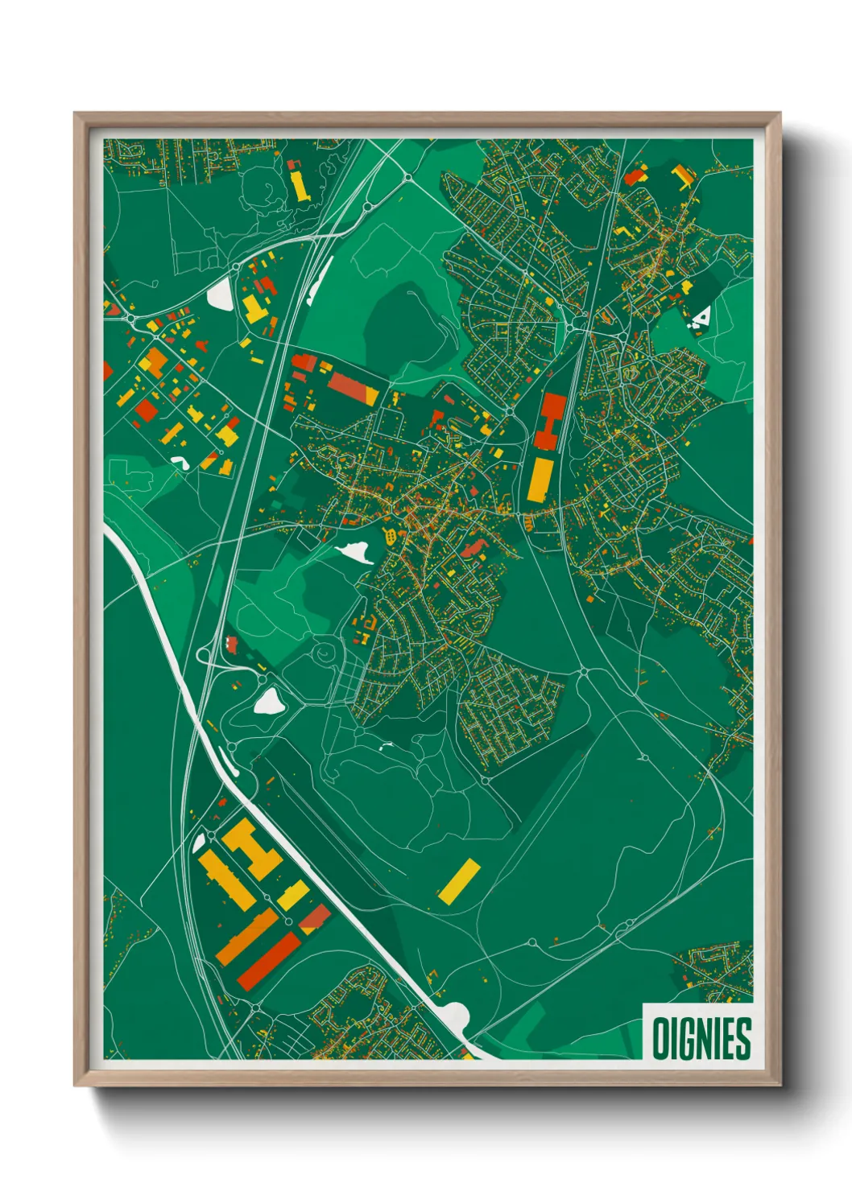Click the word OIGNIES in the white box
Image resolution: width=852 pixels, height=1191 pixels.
click(701, 1038)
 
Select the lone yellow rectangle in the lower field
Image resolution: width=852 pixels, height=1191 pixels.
click(459, 880)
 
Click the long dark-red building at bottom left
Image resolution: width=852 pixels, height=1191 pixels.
click(269, 962)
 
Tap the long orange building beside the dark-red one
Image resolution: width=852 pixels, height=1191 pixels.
click(246, 937)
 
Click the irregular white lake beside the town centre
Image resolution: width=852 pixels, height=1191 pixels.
click(354, 552)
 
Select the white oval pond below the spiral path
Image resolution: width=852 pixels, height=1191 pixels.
click(268, 702)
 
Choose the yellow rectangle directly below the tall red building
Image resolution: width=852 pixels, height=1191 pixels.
click(538, 480)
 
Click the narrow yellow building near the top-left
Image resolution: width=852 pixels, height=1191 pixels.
click(299, 184)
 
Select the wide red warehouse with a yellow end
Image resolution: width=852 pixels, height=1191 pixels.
click(353, 389)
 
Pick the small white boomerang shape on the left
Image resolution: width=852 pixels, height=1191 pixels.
click(179, 462)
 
